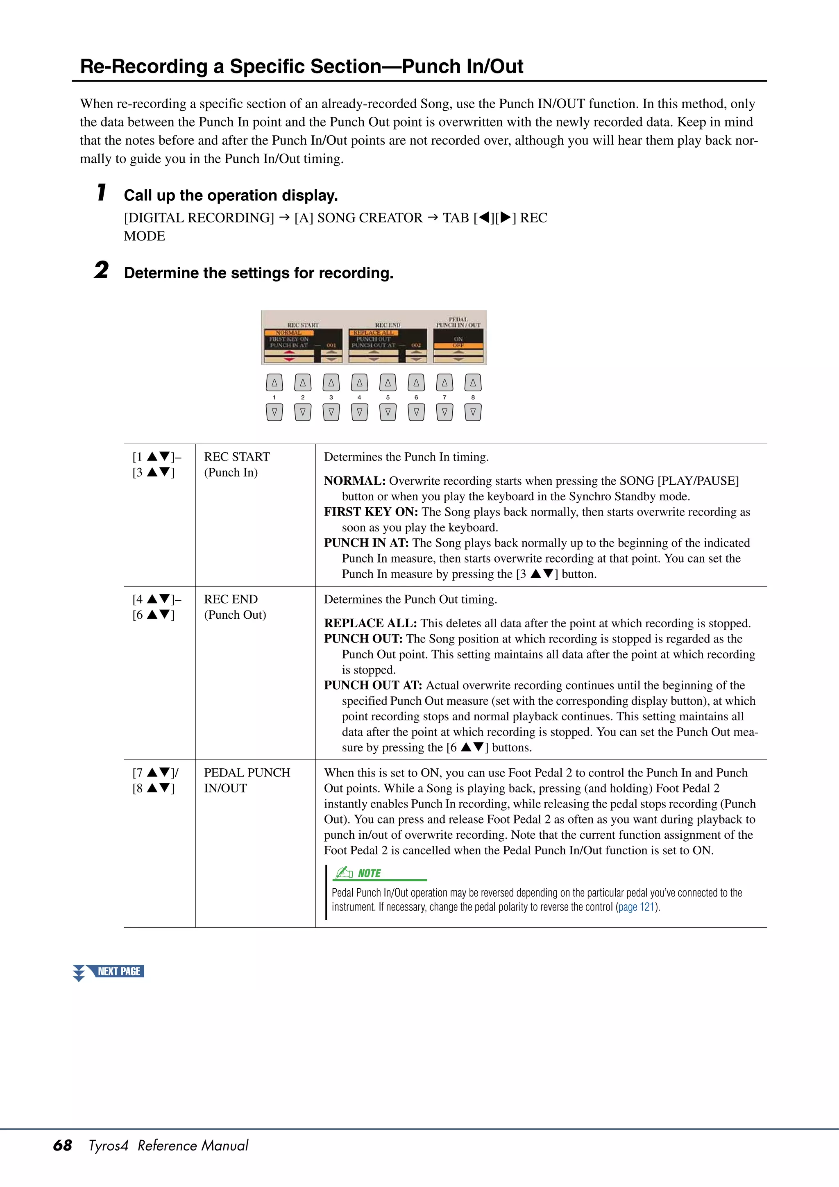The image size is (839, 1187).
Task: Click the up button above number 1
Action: (x=274, y=383)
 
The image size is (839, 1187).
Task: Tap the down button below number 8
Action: (x=472, y=412)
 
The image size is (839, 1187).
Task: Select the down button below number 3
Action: (x=331, y=412)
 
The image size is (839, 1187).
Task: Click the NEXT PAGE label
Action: (x=118, y=971)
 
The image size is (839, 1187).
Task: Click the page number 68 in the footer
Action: (x=63, y=1145)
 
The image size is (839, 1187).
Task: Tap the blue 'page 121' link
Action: (x=636, y=906)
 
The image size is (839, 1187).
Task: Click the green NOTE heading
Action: (x=369, y=873)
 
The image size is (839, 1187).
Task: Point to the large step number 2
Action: (x=101, y=270)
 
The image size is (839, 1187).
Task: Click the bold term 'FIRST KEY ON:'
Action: (x=371, y=512)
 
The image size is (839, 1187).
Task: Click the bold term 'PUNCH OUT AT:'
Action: (x=373, y=685)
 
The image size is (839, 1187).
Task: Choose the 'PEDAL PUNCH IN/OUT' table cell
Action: (x=247, y=780)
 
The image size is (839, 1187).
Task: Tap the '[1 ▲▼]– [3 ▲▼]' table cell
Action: (x=156, y=464)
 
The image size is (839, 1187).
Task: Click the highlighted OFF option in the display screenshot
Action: (x=458, y=345)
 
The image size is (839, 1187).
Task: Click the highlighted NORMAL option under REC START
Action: (x=288, y=332)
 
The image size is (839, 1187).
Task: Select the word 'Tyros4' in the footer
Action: (x=108, y=1145)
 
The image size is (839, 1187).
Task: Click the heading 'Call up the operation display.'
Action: (x=231, y=195)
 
